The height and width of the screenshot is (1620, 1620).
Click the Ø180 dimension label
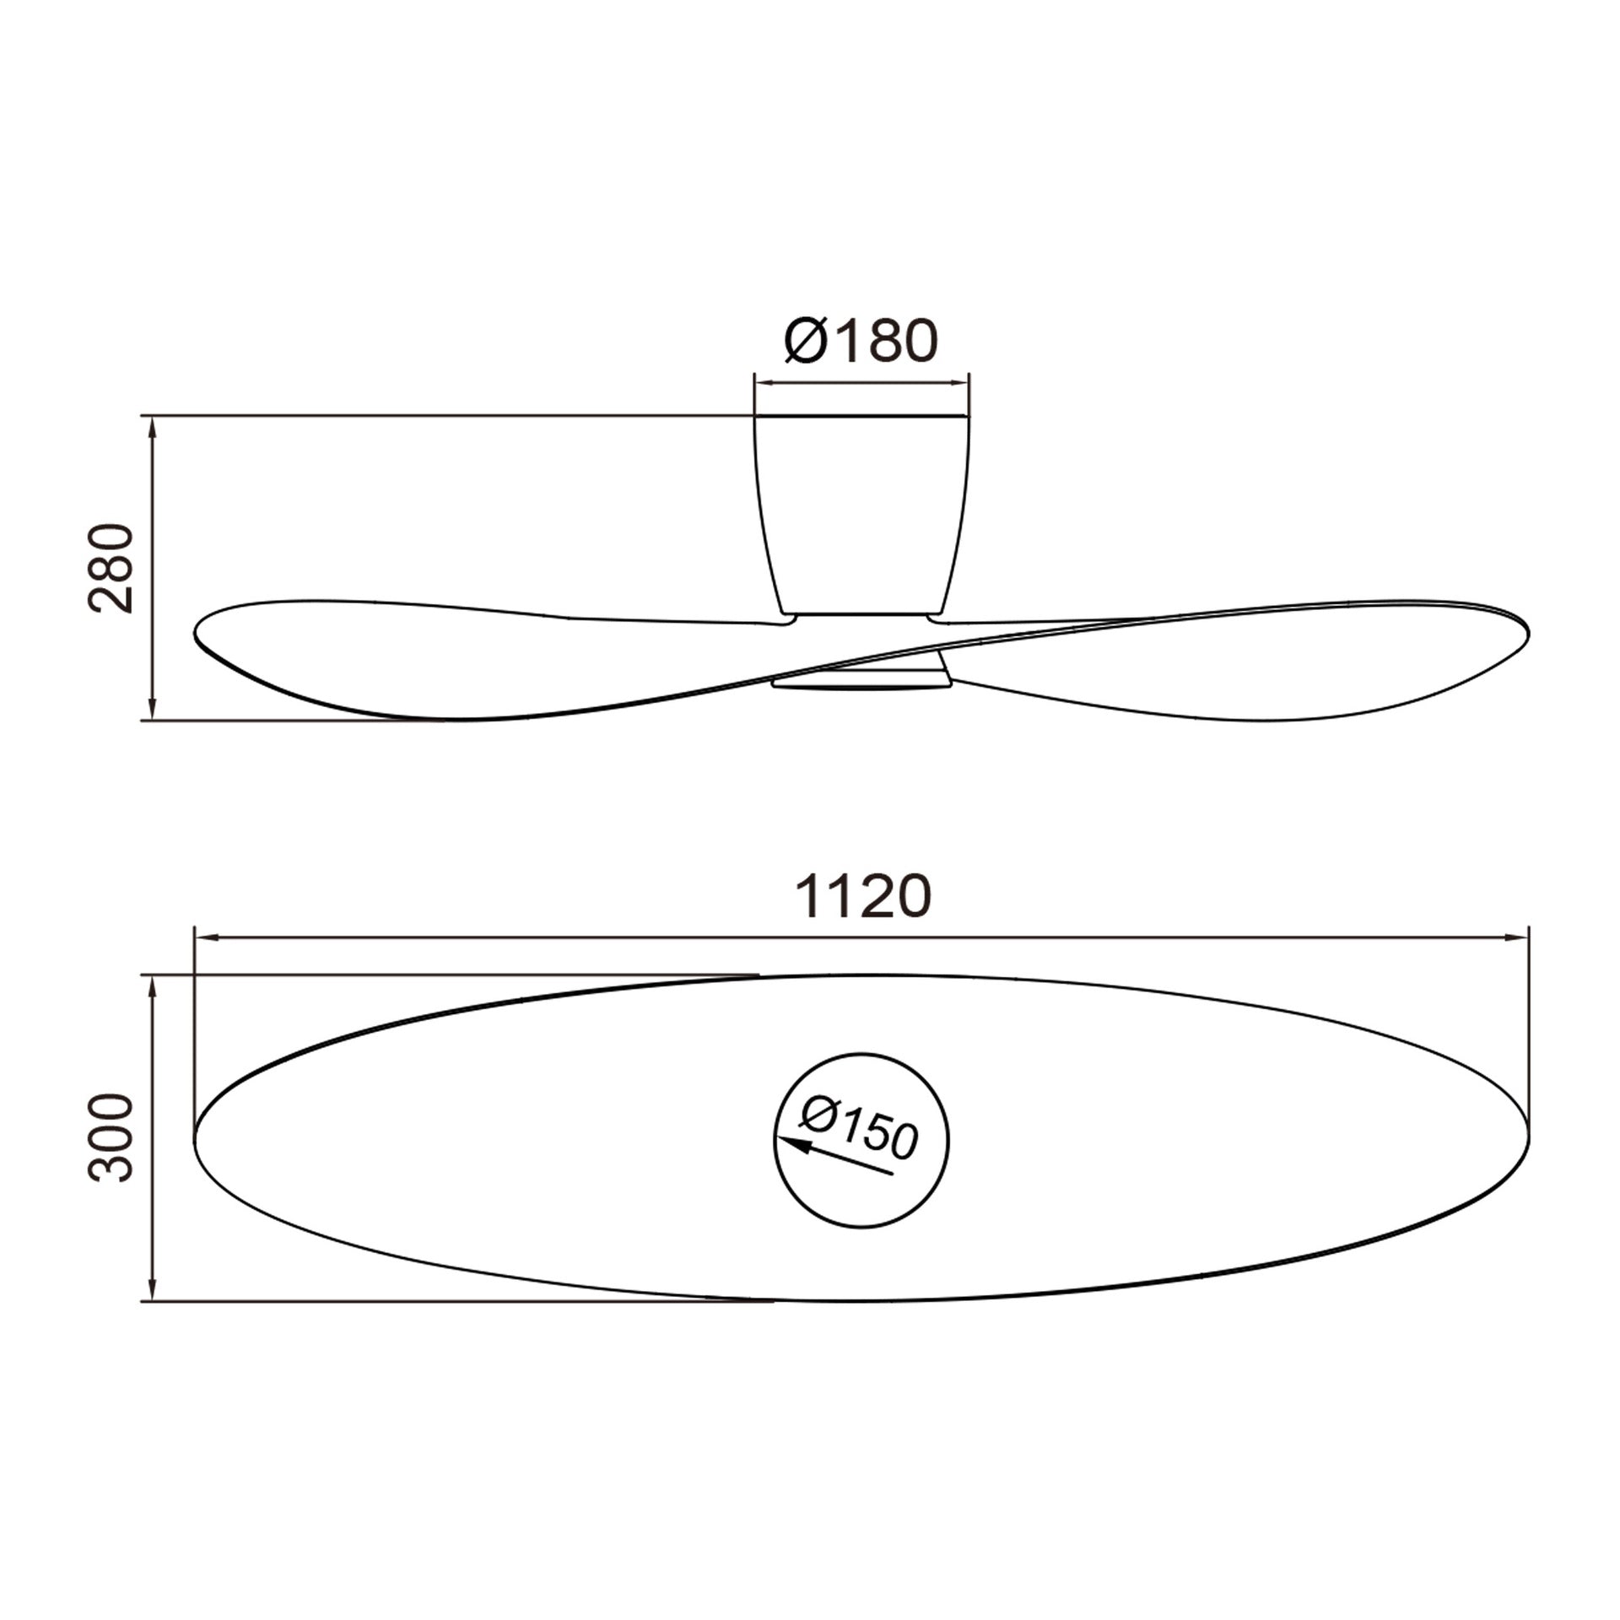(x=861, y=340)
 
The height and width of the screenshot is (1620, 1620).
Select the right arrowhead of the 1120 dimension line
(x=1518, y=937)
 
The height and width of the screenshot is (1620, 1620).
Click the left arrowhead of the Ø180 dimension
(x=764, y=382)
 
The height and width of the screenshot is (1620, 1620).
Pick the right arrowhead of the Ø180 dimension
(x=958, y=382)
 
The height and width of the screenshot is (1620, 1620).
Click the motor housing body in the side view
(x=861, y=515)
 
